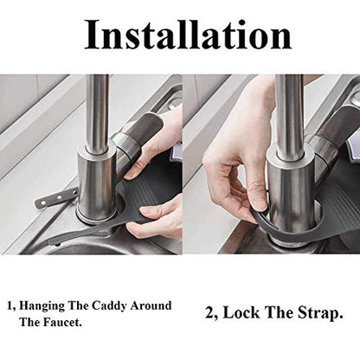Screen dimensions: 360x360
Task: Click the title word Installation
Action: click(188, 35)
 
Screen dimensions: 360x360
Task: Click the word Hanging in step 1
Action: click(42, 306)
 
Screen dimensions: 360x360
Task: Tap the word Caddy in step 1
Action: click(111, 306)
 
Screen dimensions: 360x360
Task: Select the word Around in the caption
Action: click(151, 305)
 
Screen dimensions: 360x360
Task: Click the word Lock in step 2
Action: click(241, 312)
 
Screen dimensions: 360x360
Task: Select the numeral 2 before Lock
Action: click(209, 313)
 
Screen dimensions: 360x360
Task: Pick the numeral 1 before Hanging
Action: click(10, 306)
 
